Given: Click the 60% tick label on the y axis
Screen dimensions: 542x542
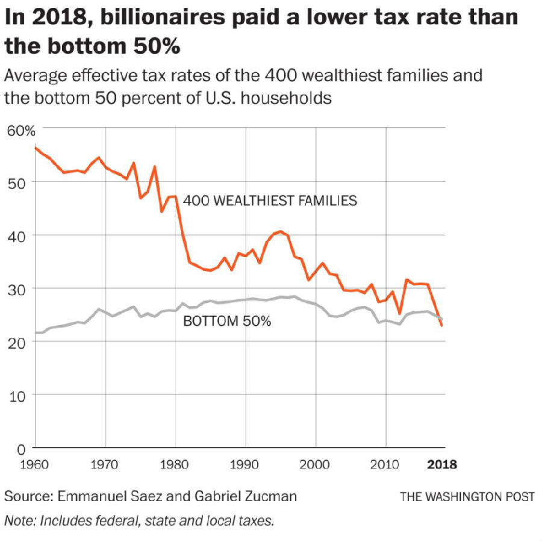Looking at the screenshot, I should point(20,131).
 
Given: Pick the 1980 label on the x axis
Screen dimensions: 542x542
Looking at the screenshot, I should point(175,465).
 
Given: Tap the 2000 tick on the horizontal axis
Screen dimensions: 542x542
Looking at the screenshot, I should point(315,465).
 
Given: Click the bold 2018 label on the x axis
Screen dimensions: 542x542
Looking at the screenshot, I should point(442,465).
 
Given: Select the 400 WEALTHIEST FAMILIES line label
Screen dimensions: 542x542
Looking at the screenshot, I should point(270,200).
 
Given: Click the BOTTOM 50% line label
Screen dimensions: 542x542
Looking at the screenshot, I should point(227,321).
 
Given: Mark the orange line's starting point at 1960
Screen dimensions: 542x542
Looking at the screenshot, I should point(35,148).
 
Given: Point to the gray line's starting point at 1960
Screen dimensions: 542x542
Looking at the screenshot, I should point(35,332).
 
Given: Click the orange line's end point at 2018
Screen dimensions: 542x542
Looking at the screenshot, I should point(442,326).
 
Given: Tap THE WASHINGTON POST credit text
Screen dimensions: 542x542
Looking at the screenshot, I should point(467,497).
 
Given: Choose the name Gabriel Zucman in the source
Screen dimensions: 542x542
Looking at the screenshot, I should point(248,496).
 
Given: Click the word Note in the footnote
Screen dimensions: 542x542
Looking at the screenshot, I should point(19,519).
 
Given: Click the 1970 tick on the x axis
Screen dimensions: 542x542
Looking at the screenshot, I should point(105,465).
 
